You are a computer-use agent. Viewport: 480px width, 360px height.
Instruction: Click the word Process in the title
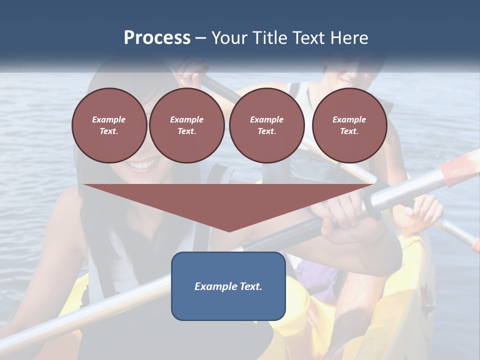tap(157, 37)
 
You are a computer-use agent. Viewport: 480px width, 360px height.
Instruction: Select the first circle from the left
tap(109, 125)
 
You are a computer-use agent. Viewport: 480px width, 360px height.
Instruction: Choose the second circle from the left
tap(186, 125)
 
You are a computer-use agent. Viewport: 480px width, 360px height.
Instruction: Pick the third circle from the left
tap(266, 125)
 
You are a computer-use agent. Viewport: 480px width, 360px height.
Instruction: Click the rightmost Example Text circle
tap(349, 125)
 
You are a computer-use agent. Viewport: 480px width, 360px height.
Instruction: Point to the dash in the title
tap(201, 38)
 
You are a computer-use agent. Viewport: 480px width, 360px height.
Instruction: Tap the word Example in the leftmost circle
tap(109, 119)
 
